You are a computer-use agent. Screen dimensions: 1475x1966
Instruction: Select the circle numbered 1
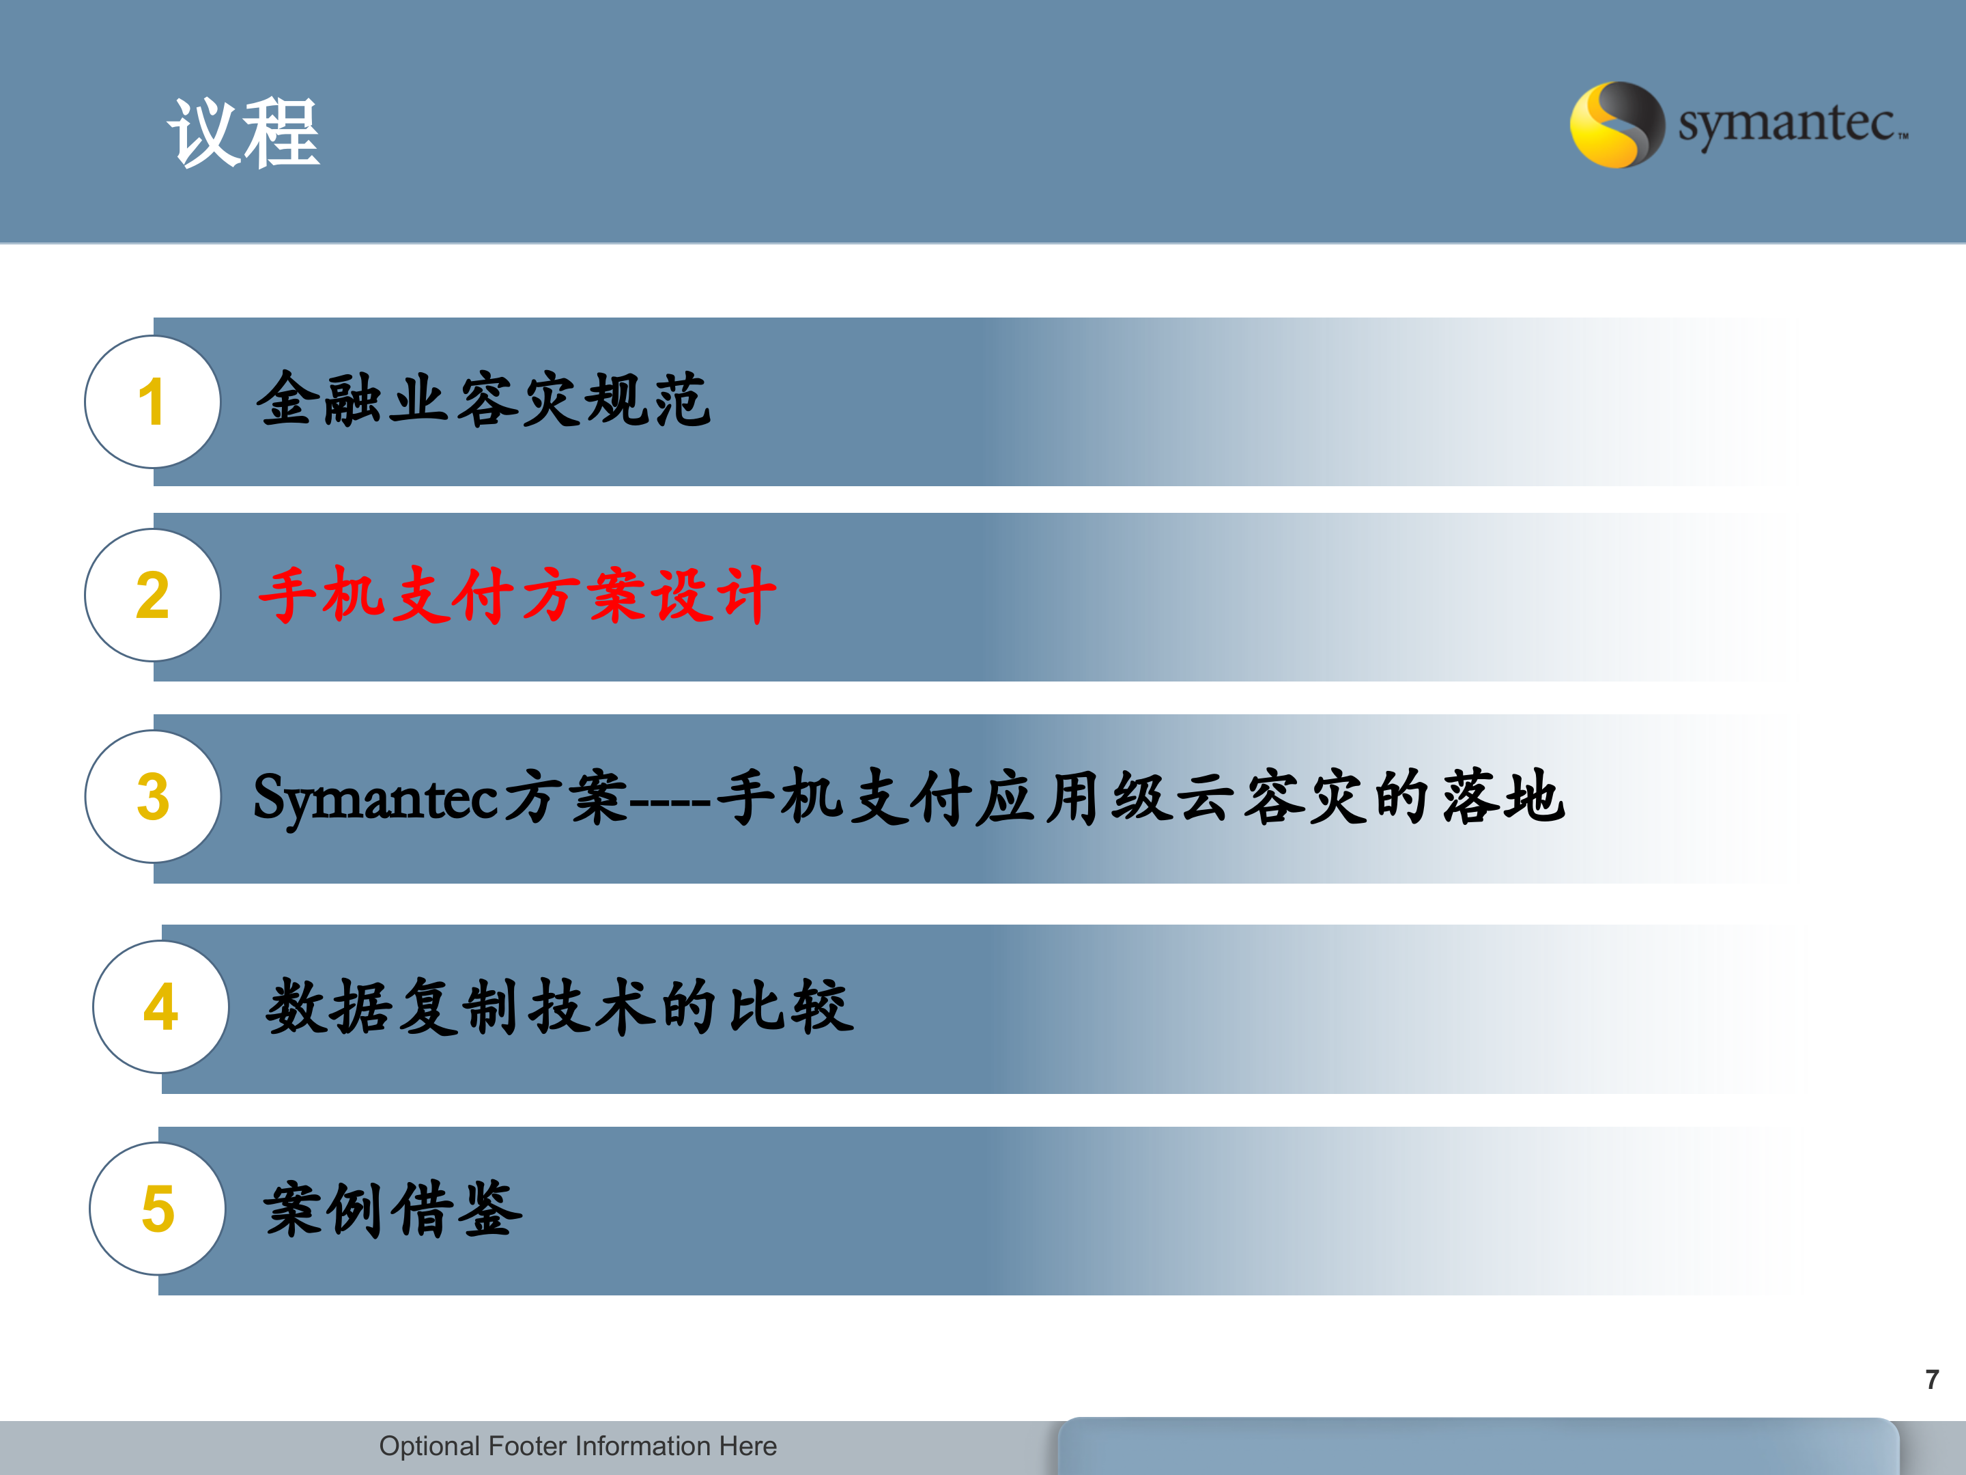tap(152, 402)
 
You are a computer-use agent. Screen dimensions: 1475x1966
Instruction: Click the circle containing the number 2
tap(152, 595)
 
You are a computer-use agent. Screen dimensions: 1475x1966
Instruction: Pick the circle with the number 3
tap(152, 797)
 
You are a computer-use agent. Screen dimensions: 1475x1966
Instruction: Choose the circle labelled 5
tap(157, 1209)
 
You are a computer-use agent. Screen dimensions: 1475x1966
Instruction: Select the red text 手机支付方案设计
tap(517, 595)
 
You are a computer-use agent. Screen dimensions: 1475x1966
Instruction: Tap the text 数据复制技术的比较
tap(560, 1007)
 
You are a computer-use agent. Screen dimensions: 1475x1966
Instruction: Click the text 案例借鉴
tap(393, 1209)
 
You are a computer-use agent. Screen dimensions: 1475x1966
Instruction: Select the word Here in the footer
tap(747, 1446)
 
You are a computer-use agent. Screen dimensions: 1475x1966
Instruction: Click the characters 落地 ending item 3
tap(1502, 797)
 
